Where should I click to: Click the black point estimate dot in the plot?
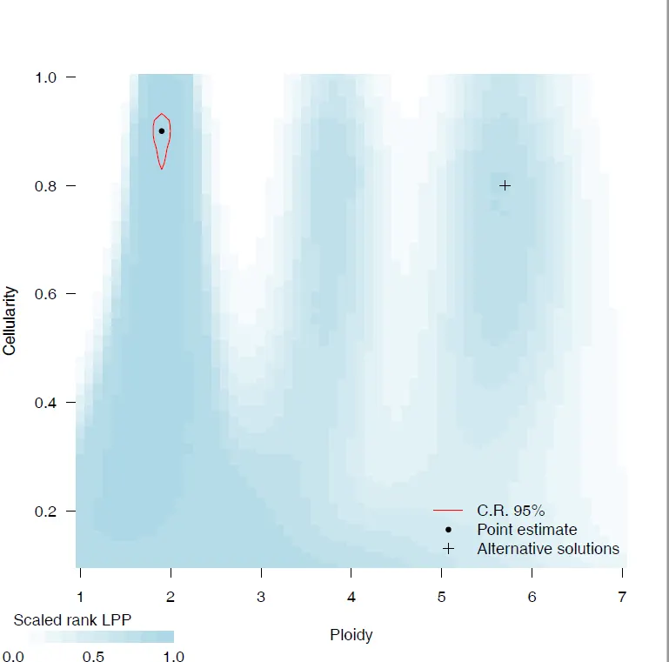point(162,131)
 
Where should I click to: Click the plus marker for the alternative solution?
point(505,185)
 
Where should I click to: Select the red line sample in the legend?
point(448,510)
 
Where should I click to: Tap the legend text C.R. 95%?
point(511,510)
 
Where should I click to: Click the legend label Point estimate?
point(526,529)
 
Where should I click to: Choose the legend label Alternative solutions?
point(548,549)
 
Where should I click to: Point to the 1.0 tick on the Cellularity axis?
point(45,77)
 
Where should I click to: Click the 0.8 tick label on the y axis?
point(45,186)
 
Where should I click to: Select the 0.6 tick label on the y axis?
point(45,294)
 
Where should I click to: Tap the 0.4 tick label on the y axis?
point(45,403)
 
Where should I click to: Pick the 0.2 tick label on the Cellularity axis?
point(45,511)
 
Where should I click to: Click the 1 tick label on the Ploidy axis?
point(81,598)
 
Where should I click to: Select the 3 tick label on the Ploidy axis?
point(261,598)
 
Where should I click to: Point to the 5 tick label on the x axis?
point(441,598)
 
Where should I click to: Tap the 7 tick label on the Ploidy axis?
point(622,598)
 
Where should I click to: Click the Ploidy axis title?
point(351,635)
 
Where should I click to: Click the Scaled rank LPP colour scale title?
point(72,620)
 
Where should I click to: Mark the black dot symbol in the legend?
point(448,529)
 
